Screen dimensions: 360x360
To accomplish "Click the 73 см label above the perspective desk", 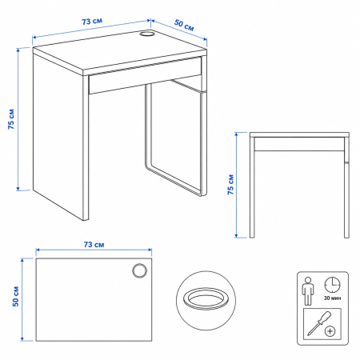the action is pos(92,21).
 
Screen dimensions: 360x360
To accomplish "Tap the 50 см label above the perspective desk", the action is pos(184,25).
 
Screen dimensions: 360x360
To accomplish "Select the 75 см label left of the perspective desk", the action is pos(11,119).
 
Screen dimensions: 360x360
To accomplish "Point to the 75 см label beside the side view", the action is pos(230,185).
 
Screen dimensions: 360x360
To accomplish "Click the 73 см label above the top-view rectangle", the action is pos(94,244).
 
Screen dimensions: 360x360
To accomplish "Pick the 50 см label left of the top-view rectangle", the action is pos(16,296).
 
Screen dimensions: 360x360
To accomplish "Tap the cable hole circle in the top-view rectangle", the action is pos(139,271).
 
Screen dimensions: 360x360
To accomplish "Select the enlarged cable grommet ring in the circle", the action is pos(206,298).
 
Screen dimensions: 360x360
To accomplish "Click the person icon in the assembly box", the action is pos(308,291).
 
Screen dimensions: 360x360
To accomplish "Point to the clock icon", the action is pos(332,285).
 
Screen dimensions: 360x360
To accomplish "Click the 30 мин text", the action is pos(332,298).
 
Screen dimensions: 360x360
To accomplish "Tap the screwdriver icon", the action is pos(319,323).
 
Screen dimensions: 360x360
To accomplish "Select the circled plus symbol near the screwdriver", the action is pos(330,331).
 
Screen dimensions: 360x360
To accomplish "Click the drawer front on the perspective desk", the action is pos(146,75).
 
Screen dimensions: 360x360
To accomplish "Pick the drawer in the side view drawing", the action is pos(299,144).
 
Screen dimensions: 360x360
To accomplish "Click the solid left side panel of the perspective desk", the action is pos(58,134).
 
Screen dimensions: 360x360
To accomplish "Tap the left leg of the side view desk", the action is pos(252,187).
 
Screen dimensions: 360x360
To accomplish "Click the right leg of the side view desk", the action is pos(346,187).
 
